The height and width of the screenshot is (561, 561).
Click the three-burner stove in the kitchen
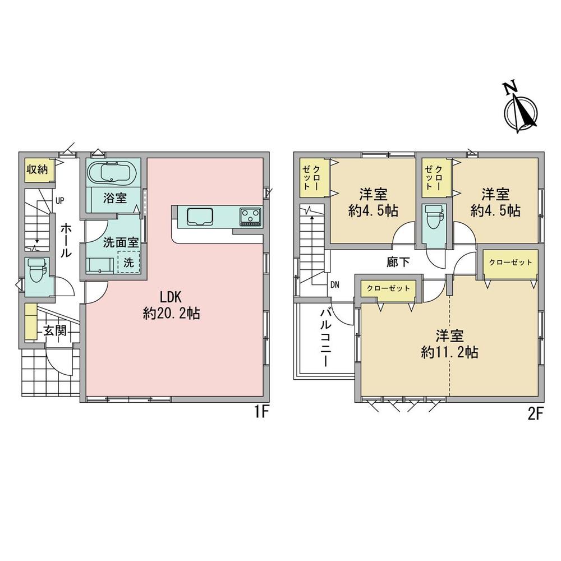[x=250, y=217]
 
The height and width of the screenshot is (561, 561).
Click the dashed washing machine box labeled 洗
[x=129, y=262]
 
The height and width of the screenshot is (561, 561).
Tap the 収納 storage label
[x=37, y=169]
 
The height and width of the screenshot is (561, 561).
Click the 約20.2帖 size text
[x=171, y=314]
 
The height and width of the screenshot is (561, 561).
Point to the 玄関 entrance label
[x=56, y=330]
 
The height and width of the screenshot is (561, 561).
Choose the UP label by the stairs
[x=60, y=201]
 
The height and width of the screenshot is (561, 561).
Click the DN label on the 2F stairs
[x=334, y=285]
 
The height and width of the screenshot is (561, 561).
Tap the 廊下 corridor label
[x=398, y=262]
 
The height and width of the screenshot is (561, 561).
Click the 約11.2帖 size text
[x=450, y=352]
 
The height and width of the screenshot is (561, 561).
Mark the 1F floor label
[x=261, y=412]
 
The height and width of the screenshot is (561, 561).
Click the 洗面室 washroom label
[x=121, y=242]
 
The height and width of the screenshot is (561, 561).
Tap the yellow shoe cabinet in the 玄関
[x=31, y=321]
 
